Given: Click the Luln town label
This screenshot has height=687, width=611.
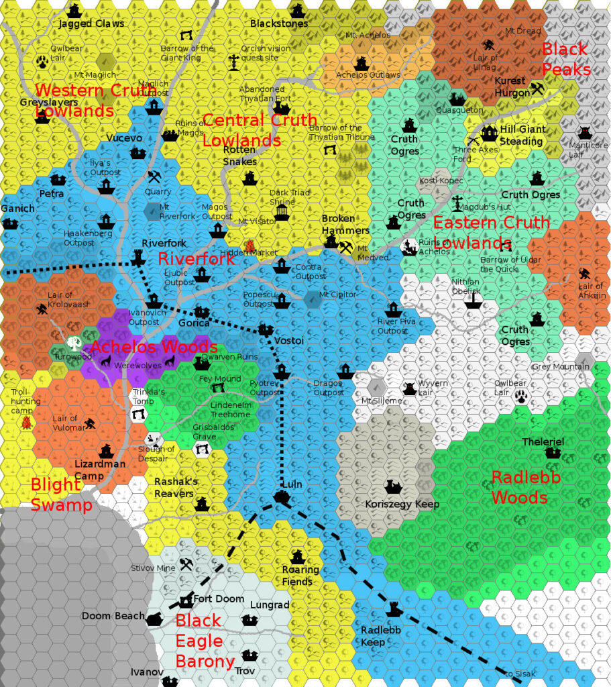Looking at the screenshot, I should (x=292, y=484).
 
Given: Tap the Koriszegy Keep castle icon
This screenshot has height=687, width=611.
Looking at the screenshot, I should (x=392, y=486).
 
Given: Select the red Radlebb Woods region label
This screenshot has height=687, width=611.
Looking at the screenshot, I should (x=518, y=487).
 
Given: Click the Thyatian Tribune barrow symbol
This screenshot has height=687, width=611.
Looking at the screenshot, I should (x=329, y=150).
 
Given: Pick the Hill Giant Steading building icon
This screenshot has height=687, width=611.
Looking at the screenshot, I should (x=490, y=133).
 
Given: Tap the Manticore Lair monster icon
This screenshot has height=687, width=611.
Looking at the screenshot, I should (x=585, y=132).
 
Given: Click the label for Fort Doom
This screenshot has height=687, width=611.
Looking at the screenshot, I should (x=219, y=598).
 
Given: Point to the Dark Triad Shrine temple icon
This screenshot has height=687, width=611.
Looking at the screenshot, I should (x=282, y=212).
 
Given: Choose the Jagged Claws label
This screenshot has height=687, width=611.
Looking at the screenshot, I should (x=91, y=23).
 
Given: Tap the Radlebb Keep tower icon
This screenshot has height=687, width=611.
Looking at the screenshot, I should (x=394, y=609).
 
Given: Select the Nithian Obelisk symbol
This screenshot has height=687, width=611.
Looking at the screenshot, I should (x=474, y=299).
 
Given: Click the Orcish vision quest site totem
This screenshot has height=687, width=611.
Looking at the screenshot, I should (x=233, y=62).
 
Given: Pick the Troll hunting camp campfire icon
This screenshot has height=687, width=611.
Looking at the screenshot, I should (x=26, y=423).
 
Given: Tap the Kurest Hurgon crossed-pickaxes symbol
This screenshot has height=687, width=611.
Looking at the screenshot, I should (x=537, y=88).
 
